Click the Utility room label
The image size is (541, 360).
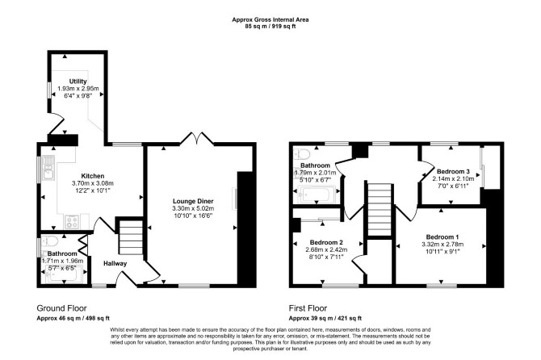[78, 82]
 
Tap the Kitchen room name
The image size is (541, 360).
[93, 176]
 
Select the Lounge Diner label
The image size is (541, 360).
[193, 201]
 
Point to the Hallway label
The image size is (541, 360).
[115, 263]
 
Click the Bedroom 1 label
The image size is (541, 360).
[442, 237]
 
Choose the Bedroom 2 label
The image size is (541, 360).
[326, 242]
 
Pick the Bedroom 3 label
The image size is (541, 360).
[453, 171]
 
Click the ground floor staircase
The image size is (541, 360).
[131, 237]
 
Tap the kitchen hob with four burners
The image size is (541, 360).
[72, 222]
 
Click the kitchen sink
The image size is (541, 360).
[48, 168]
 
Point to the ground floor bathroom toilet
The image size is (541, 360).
[48, 241]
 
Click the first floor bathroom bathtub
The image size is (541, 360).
[318, 195]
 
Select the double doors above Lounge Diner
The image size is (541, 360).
[197, 138]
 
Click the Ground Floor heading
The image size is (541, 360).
[61, 308]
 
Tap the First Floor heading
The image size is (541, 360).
[308, 308]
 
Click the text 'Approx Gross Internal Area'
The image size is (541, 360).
[270, 19]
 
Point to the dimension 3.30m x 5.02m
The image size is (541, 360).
[193, 208]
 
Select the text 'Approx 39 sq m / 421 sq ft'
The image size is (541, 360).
[325, 318]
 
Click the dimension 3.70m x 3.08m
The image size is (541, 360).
[93, 183]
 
